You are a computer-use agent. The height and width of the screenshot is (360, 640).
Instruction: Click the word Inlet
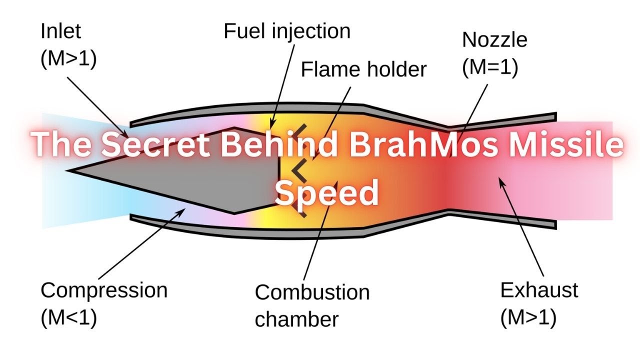point(60,31)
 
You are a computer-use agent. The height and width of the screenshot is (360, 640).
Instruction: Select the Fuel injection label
point(286,31)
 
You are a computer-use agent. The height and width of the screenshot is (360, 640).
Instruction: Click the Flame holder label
point(363,69)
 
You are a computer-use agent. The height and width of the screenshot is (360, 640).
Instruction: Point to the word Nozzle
point(494,39)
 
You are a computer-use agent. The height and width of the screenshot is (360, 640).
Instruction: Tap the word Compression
point(104,290)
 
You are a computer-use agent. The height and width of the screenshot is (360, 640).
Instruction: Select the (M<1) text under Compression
point(68,317)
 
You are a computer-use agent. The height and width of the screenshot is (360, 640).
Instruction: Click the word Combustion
point(312,292)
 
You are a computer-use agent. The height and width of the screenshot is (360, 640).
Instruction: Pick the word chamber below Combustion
point(296,319)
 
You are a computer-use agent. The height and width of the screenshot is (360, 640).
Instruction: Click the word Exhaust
point(539,290)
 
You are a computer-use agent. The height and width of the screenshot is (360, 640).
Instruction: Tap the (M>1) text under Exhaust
point(528,317)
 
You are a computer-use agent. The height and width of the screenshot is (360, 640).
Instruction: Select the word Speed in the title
point(326,192)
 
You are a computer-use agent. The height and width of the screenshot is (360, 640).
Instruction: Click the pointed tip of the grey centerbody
point(71,170)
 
